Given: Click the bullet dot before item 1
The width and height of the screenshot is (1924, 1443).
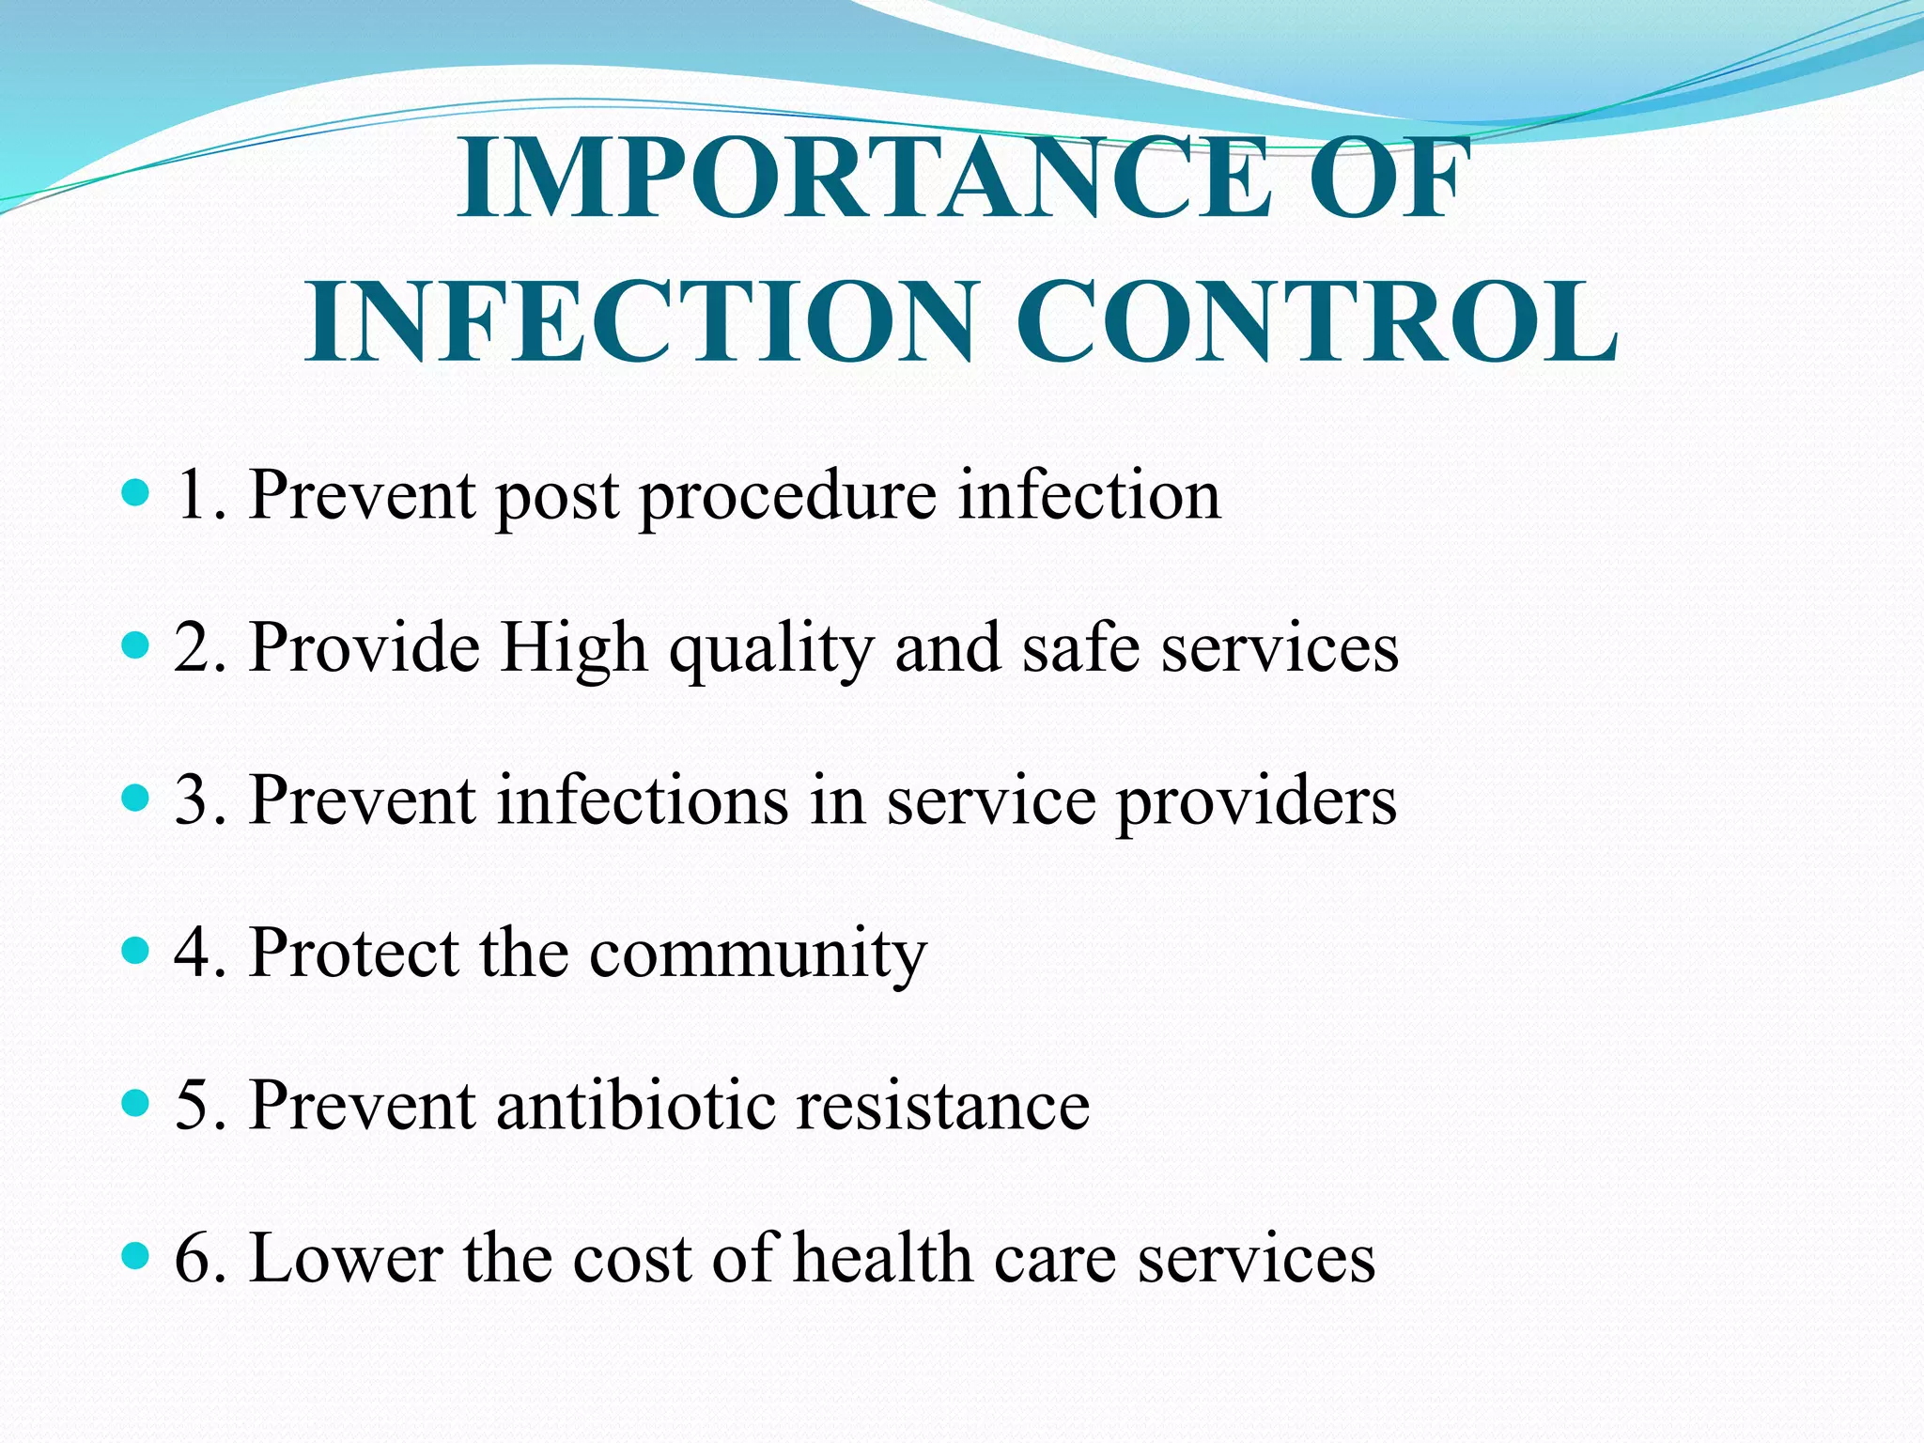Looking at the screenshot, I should click(x=136, y=492).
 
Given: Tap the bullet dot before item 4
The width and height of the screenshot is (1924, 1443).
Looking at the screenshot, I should click(x=136, y=951).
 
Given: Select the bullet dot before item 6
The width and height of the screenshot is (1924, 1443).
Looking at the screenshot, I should click(x=136, y=1255).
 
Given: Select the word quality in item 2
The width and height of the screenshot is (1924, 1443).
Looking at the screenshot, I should click(x=771, y=650).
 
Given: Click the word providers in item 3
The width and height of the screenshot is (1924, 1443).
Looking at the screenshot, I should click(x=1256, y=803).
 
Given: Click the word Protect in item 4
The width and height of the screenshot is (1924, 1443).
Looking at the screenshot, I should click(x=354, y=953).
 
